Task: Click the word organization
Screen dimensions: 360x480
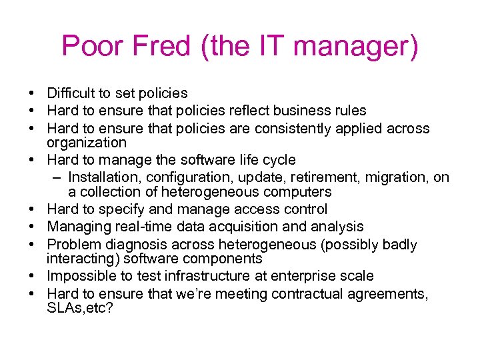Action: (86, 143)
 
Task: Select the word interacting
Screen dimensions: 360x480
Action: (79, 259)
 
